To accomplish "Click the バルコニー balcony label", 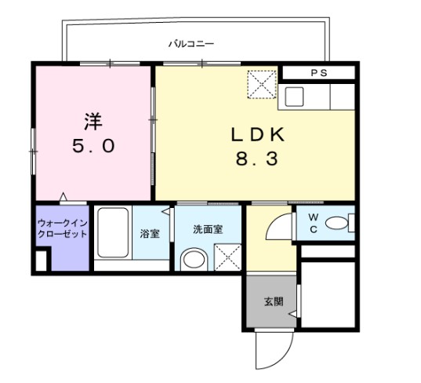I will tap(191, 44).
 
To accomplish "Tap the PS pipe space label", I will tap(318, 73).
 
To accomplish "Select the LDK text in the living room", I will tap(256, 134).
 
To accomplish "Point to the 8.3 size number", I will tap(256, 160).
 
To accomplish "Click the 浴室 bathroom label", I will tap(149, 234).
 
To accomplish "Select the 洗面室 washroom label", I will tap(209, 229).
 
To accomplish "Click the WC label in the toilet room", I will tap(311, 223).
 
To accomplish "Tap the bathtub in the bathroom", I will tap(113, 234).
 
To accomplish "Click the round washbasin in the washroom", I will tap(191, 260).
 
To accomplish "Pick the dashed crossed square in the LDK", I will tap(262, 84).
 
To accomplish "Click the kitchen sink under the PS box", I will tap(295, 97).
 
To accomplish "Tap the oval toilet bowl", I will tap(337, 224).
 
